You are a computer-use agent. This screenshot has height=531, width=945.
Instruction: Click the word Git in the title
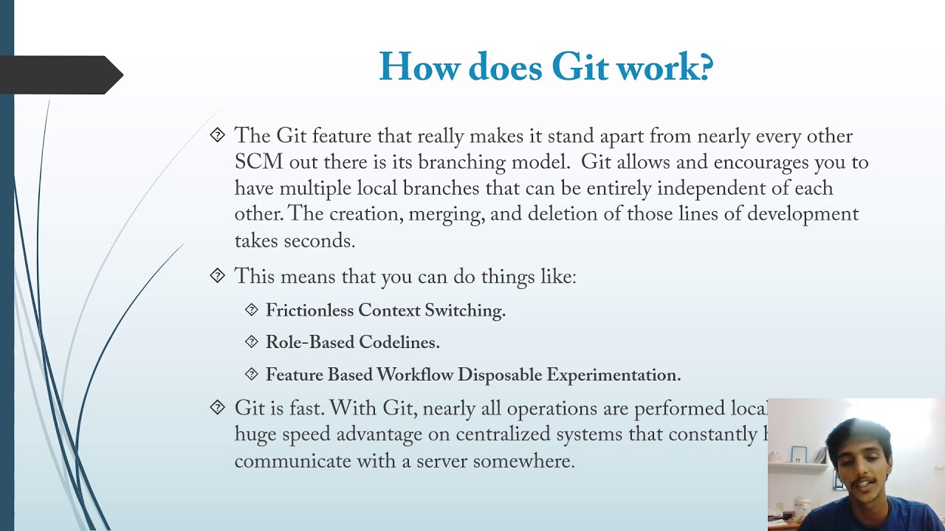click(580, 68)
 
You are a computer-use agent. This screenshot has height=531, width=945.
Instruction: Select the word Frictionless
click(310, 310)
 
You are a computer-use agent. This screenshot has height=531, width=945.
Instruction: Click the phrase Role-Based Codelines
click(352, 343)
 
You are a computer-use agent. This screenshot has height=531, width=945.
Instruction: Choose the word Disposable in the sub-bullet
click(498, 375)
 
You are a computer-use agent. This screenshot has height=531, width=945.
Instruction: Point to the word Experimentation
click(613, 375)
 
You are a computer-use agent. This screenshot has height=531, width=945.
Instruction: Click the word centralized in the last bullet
click(503, 434)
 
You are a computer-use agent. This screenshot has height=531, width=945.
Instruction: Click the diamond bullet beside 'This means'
click(217, 275)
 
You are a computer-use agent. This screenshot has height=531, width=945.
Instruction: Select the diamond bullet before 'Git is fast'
click(217, 406)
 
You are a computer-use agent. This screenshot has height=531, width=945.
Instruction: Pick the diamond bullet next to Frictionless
click(252, 310)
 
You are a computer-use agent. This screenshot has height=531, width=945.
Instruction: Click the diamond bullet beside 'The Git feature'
click(217, 134)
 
